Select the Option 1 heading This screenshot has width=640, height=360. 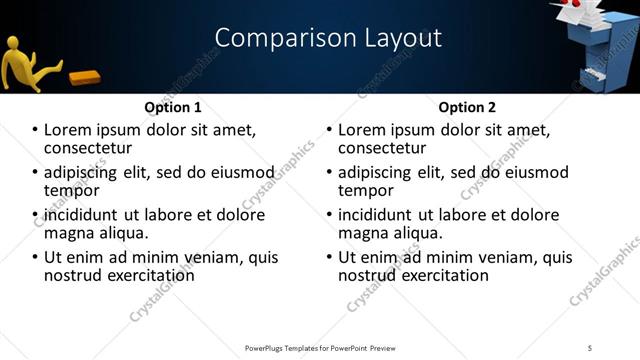[x=172, y=107]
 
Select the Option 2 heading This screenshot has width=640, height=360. [x=466, y=107]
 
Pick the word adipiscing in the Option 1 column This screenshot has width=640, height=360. [x=84, y=172]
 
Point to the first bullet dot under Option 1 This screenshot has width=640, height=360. [x=35, y=131]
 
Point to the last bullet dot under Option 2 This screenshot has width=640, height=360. [x=329, y=257]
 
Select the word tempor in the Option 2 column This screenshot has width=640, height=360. [x=367, y=191]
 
